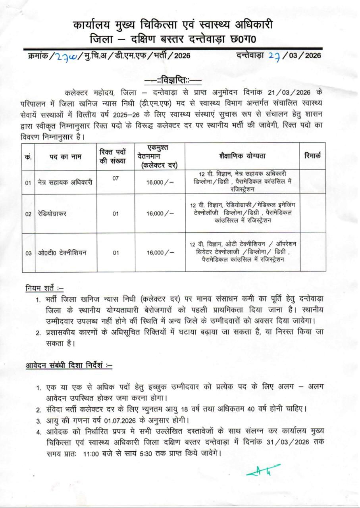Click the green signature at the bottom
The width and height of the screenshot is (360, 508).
pyautogui.click(x=263, y=471)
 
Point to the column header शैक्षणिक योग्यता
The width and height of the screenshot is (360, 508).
pyautogui.click(x=242, y=156)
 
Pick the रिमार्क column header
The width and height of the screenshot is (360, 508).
pyautogui.click(x=312, y=156)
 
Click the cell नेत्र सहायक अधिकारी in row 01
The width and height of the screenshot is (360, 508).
pyautogui.click(x=64, y=183)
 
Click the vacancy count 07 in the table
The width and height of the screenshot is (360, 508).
pyautogui.click(x=116, y=179)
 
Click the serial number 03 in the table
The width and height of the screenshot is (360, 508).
pyautogui.click(x=29, y=253)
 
